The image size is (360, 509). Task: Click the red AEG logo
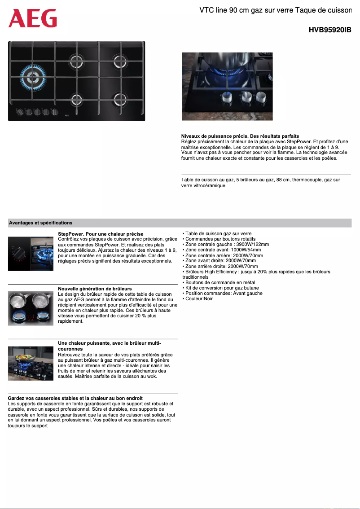(33, 18)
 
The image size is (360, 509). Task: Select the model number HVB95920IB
(329, 30)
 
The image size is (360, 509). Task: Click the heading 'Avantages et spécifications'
(41, 223)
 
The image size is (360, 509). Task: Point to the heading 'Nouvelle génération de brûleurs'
(95, 289)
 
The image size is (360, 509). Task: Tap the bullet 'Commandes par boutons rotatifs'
(220, 239)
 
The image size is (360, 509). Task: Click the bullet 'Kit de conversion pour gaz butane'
(220, 288)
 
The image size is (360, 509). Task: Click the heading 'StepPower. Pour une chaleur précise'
(101, 234)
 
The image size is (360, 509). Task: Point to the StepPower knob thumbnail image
(30, 254)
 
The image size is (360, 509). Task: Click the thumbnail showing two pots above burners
(30, 308)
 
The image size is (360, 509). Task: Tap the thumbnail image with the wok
(30, 363)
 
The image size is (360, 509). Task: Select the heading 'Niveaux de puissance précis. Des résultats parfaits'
(240, 136)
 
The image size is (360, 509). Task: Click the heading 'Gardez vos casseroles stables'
(75, 398)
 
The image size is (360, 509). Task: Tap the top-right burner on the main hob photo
(121, 61)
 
